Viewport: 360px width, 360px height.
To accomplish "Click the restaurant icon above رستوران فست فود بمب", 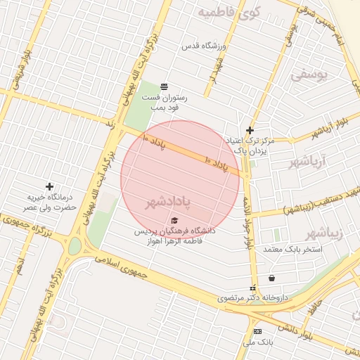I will tap(164, 86).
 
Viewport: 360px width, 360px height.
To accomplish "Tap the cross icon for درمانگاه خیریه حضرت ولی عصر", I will tap(49, 186).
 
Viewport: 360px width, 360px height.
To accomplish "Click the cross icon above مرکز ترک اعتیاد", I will tap(250, 130).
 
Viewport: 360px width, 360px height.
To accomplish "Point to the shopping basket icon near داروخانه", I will tap(271, 278).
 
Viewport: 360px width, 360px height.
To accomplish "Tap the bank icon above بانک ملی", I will tap(257, 331).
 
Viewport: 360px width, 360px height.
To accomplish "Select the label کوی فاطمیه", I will tap(229, 12).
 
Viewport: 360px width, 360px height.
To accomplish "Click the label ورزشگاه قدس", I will tap(203, 46).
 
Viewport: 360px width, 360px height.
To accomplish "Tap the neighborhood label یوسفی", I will tap(309, 74).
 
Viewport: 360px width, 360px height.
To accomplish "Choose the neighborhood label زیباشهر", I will tap(326, 232).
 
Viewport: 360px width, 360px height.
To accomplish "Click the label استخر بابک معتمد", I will tap(292, 250).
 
